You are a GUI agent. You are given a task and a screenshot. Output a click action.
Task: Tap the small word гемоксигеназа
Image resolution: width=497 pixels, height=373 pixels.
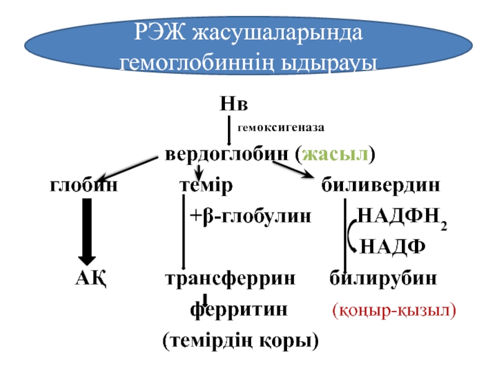pyautogui.click(x=280, y=127)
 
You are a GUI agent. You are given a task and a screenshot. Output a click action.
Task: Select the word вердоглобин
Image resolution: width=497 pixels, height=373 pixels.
pyautogui.click(x=226, y=154)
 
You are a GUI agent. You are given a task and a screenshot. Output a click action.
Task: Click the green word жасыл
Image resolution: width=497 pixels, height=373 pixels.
pyautogui.click(x=335, y=154)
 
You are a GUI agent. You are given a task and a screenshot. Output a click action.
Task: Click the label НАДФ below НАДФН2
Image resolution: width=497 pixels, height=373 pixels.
pyautogui.click(x=393, y=246)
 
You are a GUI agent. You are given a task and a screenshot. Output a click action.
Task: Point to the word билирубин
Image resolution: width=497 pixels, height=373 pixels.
pyautogui.click(x=383, y=277)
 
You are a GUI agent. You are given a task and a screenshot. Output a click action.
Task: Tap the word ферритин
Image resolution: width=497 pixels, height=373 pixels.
pyautogui.click(x=239, y=308)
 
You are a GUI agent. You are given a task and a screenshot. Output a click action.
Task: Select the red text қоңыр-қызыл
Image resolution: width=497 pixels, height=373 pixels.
pyautogui.click(x=394, y=309)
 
